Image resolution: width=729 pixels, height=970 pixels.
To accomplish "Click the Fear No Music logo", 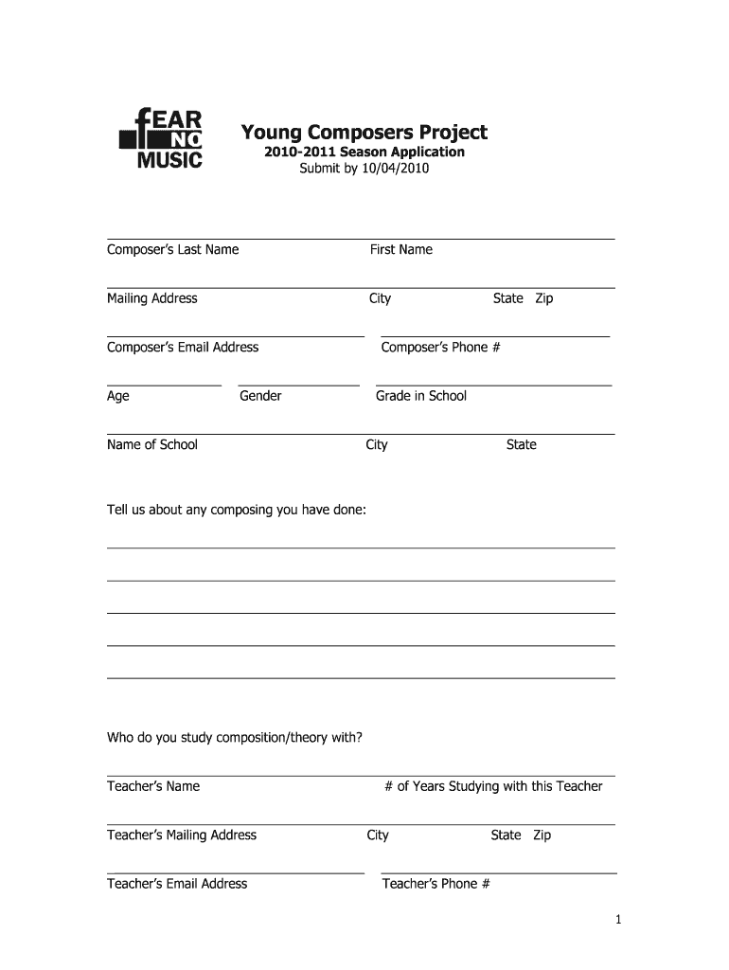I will (x=161, y=138).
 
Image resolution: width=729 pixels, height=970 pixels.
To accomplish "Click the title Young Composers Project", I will (x=364, y=132).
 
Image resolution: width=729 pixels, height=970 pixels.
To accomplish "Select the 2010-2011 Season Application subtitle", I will (x=364, y=152).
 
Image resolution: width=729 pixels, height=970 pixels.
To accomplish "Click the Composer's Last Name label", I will (x=172, y=249).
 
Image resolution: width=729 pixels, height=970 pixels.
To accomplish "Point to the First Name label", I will (x=400, y=249).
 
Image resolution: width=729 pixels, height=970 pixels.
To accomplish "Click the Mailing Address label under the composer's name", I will (x=151, y=298).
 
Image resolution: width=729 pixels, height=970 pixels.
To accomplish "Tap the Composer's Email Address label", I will (x=183, y=347).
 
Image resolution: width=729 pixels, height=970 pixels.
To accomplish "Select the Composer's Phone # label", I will (x=440, y=347).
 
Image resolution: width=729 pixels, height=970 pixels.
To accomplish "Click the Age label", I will (x=118, y=396).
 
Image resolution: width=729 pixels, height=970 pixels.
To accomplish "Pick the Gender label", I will (x=260, y=396).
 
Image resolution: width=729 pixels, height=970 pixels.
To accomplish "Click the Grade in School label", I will (x=421, y=396).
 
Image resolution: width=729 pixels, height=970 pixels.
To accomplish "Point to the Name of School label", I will (x=151, y=444).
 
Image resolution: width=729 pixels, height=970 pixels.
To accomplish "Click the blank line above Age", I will (x=164, y=386).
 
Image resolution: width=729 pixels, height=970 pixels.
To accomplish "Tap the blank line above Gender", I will (x=299, y=386).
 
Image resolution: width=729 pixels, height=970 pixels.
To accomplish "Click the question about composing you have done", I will (x=236, y=510).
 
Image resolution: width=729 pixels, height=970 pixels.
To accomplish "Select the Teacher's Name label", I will (x=153, y=786).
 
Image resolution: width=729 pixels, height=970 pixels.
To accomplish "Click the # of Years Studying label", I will (x=493, y=786).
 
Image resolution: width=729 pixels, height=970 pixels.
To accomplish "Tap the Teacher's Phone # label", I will (x=436, y=884).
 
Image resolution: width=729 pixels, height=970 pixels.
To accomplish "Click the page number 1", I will (x=617, y=919).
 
